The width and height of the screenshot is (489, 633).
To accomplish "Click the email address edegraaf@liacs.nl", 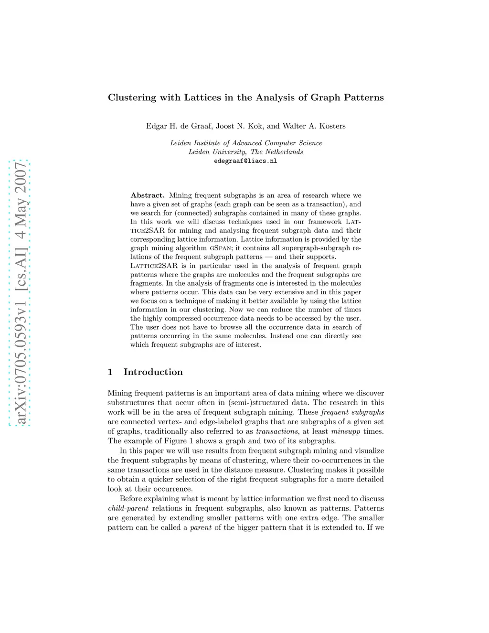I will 245,161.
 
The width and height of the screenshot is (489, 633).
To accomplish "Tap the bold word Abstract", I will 148,195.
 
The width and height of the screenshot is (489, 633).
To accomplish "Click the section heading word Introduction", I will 153,372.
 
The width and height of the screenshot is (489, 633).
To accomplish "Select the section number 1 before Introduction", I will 110,372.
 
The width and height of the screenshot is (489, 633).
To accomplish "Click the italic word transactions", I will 276,431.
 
